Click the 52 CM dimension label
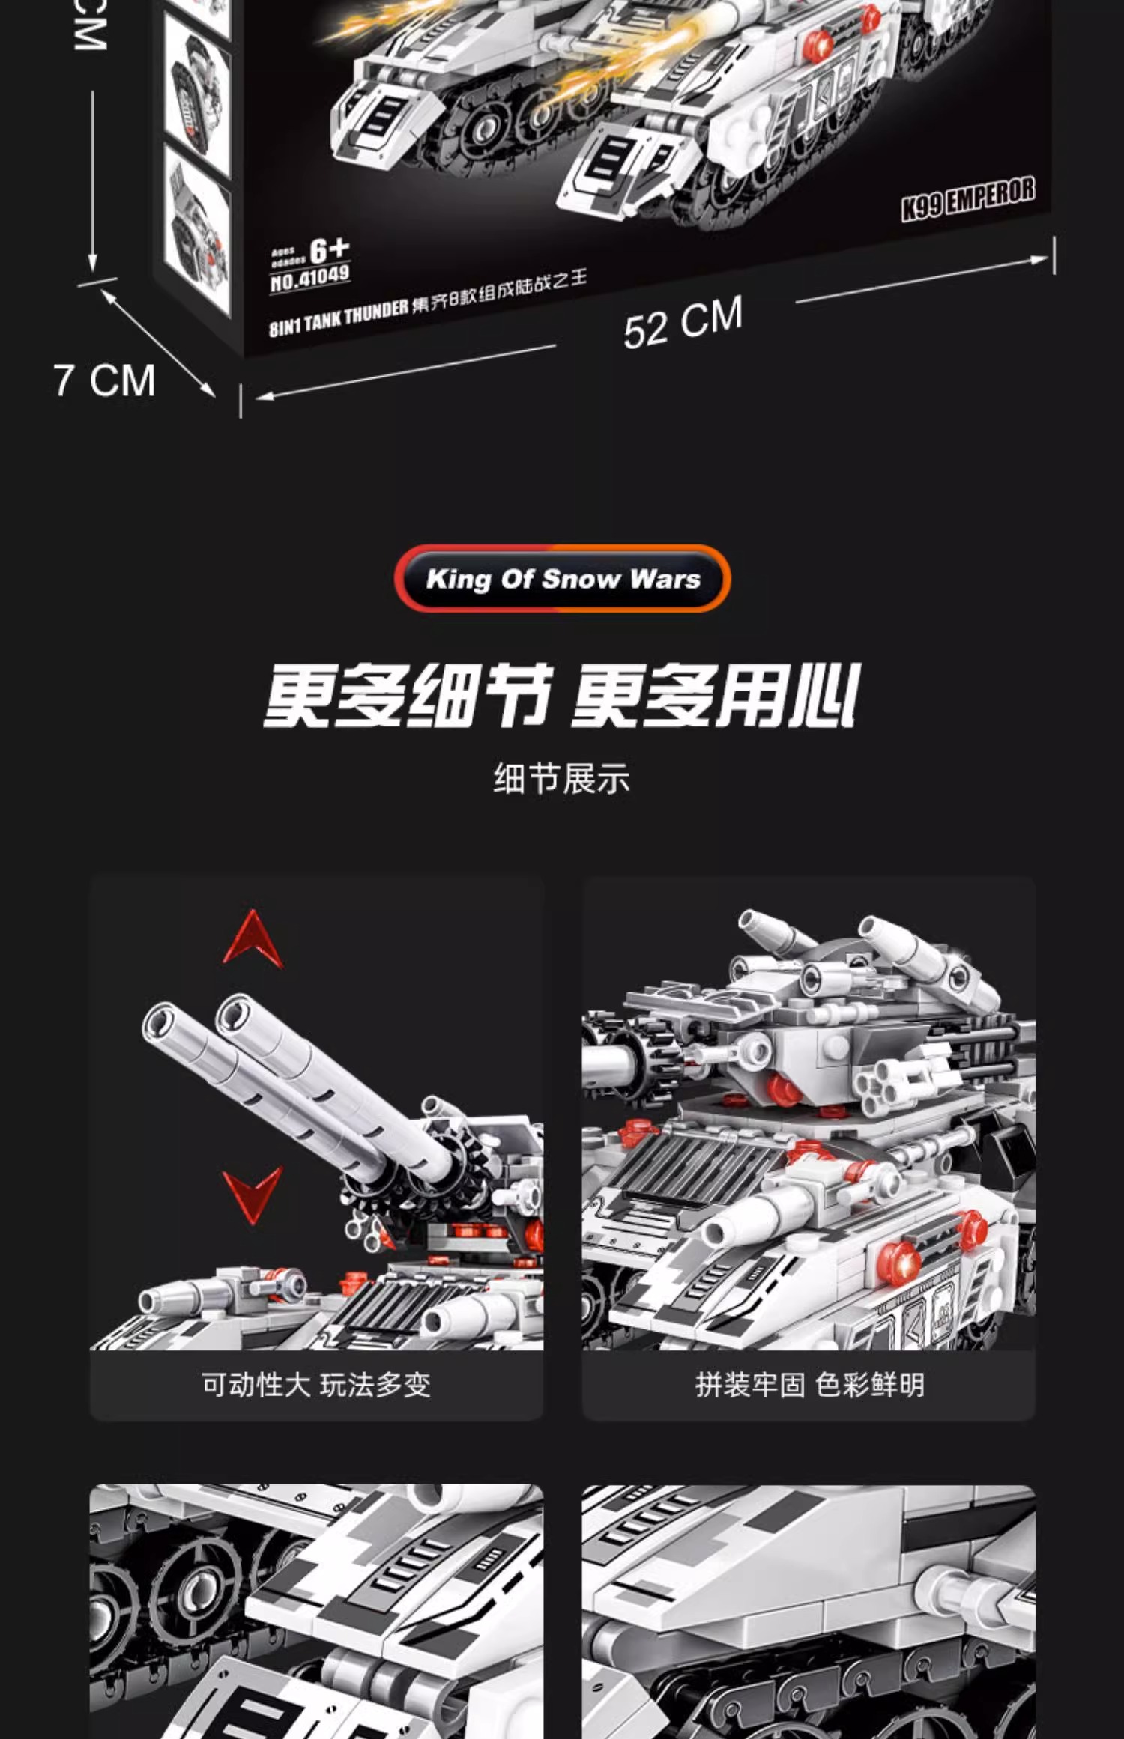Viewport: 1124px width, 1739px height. pos(683,323)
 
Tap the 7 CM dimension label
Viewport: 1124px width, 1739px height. pos(104,380)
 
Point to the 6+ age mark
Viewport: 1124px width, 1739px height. pos(329,250)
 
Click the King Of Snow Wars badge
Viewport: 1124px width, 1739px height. pos(562,579)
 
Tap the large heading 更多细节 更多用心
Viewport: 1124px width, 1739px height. pos(562,695)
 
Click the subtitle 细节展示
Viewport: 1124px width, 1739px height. pos(562,779)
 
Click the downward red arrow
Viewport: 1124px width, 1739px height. pos(253,1194)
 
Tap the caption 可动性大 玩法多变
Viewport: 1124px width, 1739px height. pos(316,1385)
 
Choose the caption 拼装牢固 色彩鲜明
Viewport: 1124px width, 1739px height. pos(809,1385)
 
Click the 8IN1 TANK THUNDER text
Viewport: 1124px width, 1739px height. pos(339,318)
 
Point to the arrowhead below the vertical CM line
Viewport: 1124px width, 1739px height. pos(92,262)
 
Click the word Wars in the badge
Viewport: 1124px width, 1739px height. pos(665,579)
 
